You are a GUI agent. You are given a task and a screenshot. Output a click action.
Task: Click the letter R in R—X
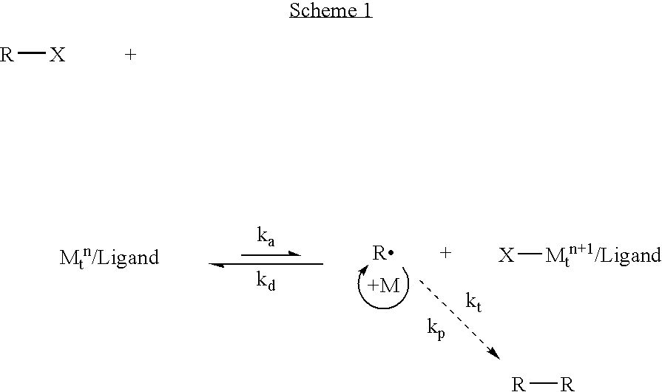click(x=7, y=55)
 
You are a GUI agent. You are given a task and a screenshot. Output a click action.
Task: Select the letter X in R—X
click(x=58, y=55)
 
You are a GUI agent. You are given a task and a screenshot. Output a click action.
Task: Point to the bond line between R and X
click(x=32, y=53)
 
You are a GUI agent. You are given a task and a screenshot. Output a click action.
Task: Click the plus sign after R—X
click(x=130, y=55)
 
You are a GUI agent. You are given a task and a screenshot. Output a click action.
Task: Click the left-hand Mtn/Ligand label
click(x=109, y=257)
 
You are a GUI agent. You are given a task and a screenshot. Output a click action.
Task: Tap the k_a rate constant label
click(x=266, y=237)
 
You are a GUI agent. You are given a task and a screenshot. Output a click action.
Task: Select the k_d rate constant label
click(x=266, y=281)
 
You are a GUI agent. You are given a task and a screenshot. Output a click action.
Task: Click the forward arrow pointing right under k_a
click(x=271, y=254)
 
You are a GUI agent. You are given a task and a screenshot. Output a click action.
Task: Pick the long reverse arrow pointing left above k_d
click(x=266, y=264)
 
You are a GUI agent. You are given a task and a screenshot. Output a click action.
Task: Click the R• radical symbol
click(x=383, y=253)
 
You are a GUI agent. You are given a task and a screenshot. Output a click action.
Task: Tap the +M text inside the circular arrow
click(x=383, y=285)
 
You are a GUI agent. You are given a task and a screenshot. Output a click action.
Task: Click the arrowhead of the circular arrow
click(x=365, y=268)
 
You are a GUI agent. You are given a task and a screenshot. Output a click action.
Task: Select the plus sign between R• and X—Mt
click(x=445, y=253)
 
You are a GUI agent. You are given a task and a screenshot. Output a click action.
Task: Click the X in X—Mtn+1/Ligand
click(x=506, y=255)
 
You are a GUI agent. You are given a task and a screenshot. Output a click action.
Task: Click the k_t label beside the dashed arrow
click(x=473, y=302)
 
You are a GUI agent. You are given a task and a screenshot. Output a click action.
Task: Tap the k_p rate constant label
click(x=436, y=328)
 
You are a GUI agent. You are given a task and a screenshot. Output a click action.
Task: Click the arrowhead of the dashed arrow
click(x=496, y=354)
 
